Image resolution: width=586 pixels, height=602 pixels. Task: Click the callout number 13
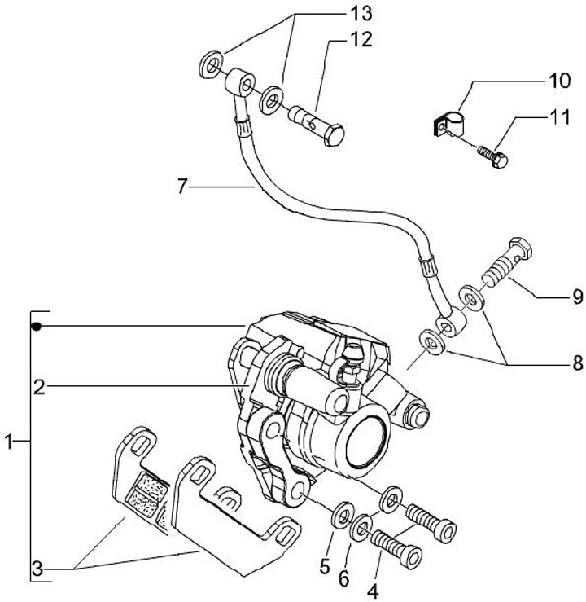361,14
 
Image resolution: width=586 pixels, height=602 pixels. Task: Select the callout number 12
361,40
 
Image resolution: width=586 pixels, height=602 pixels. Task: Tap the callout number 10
559,81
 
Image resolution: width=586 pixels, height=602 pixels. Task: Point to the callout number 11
560,116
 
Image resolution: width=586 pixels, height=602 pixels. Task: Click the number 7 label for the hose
182,187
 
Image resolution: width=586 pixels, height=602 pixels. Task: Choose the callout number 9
577,297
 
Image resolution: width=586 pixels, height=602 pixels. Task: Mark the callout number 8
577,363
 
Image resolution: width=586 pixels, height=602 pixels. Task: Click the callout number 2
39,387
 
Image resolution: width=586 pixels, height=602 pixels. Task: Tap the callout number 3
37,569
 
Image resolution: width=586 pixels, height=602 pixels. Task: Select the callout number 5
325,566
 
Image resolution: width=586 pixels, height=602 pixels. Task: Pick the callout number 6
344,578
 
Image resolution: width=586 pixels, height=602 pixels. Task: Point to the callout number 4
373,591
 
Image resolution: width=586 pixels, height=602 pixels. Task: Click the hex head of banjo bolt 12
334,134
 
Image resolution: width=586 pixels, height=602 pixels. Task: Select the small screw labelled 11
493,156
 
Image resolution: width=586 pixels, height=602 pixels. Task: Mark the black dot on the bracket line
37,327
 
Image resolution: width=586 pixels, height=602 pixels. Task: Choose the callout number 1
9,442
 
